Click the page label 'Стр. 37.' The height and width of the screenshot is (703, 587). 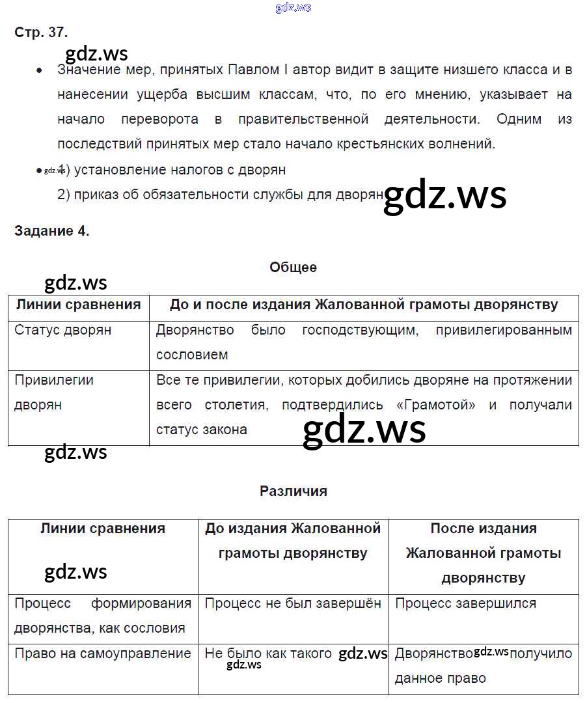pyautogui.click(x=41, y=32)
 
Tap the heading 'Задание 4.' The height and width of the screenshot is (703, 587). pyautogui.click(x=51, y=231)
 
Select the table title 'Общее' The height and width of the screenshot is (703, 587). pyautogui.click(x=293, y=267)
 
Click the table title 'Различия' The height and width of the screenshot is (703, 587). pyautogui.click(x=293, y=491)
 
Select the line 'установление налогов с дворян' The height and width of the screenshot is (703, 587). pyautogui.click(x=180, y=170)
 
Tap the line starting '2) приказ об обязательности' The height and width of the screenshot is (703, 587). pyautogui.click(x=221, y=195)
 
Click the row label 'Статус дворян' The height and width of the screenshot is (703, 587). pyautogui.click(x=63, y=330)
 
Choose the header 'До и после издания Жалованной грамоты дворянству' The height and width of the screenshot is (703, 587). pyautogui.click(x=364, y=305)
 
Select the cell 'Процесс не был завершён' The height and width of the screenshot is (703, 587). pyautogui.click(x=293, y=603)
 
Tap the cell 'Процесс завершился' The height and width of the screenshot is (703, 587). pyautogui.click(x=465, y=603)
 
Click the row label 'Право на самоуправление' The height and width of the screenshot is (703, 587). pyautogui.click(x=103, y=653)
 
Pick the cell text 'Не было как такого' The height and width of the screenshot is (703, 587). pyautogui.click(x=268, y=653)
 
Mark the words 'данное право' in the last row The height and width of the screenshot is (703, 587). pyautogui.click(x=440, y=678)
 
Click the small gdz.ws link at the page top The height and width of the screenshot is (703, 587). pyautogui.click(x=293, y=7)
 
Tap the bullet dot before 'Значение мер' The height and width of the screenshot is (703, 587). pyautogui.click(x=40, y=70)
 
